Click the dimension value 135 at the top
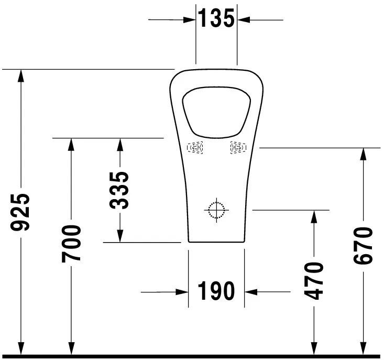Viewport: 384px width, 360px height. pyautogui.click(x=216, y=19)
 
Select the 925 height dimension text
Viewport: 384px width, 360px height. pyautogui.click(x=21, y=212)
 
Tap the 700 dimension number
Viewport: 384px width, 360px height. pyautogui.click(x=71, y=243)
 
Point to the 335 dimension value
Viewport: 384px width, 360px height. pyautogui.click(x=120, y=190)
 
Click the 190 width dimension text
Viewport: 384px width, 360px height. pyautogui.click(x=216, y=291)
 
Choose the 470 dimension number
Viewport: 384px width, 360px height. pyautogui.click(x=313, y=281)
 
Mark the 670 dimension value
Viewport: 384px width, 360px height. pyautogui.click(x=363, y=246)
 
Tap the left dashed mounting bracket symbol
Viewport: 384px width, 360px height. pyautogui.click(x=196, y=148)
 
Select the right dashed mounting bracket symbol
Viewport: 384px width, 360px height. pyautogui.click(x=237, y=148)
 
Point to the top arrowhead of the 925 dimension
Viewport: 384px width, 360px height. pyautogui.click(x=21, y=75)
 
